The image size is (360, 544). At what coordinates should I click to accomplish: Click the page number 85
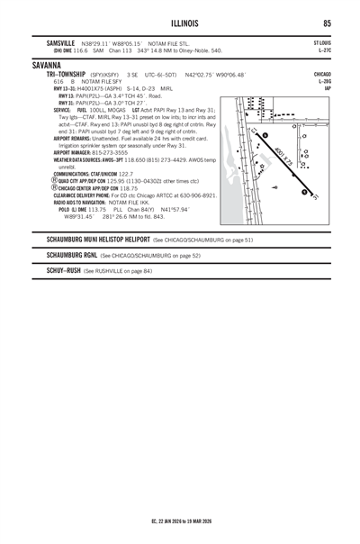pos(327,23)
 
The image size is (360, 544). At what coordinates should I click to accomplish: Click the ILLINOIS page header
pos(180,23)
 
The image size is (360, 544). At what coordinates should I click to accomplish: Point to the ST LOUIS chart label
pos(322,42)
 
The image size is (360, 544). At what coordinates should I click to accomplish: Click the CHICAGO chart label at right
pos(322,74)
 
